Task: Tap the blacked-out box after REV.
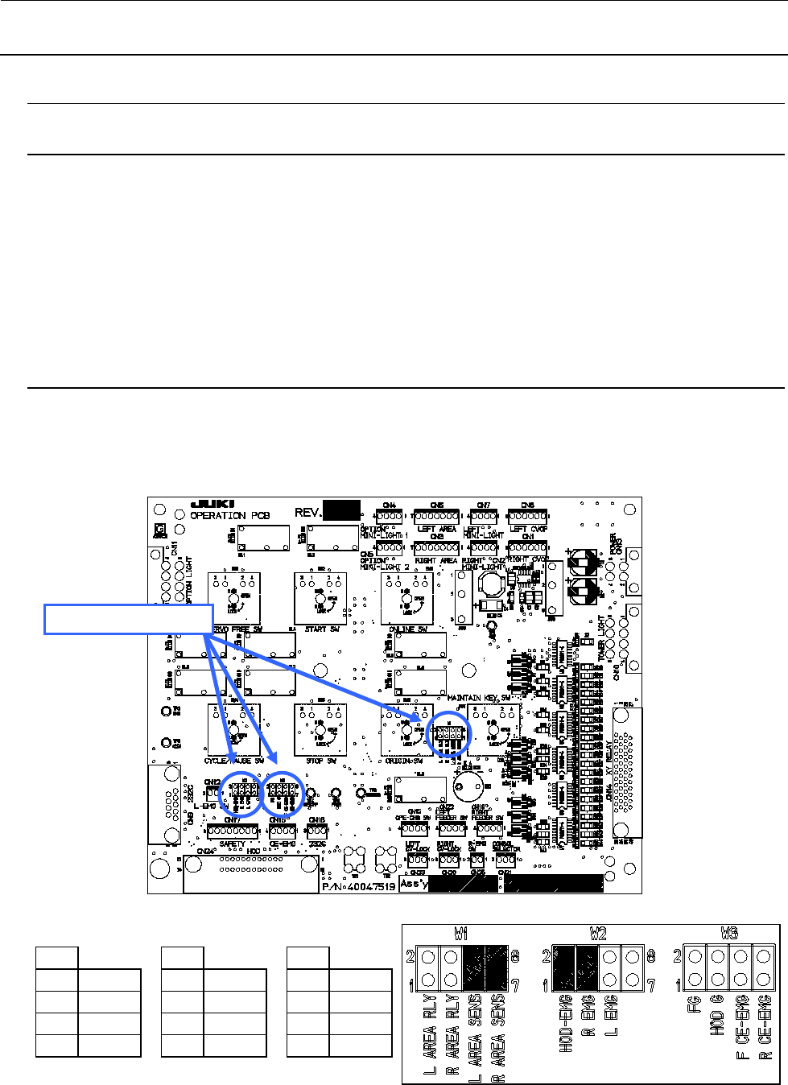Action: tap(341, 510)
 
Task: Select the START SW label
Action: tap(321, 629)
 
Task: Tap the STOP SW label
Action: tap(321, 758)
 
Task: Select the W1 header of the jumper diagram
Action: tap(461, 934)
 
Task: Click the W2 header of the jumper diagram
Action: tap(596, 934)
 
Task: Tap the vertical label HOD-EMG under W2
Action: tap(567, 1023)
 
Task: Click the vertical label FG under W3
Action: tap(695, 1005)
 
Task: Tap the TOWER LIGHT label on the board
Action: tap(600, 639)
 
